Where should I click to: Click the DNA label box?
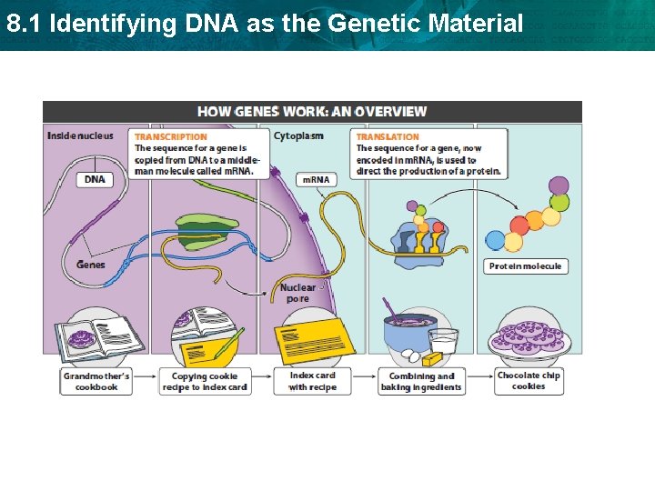click(x=95, y=179)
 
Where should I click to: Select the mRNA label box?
click(x=316, y=179)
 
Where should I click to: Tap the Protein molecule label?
click(x=525, y=266)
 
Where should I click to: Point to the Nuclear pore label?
click(x=297, y=293)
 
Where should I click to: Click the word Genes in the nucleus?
click(x=91, y=265)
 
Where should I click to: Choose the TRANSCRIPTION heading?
click(x=171, y=136)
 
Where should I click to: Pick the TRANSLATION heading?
click(x=388, y=136)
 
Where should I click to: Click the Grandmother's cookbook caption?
click(x=96, y=381)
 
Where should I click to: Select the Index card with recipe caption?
click(x=312, y=381)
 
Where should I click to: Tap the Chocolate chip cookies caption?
click(x=528, y=381)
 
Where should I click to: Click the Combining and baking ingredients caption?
click(x=421, y=381)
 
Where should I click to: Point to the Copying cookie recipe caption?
click(x=205, y=381)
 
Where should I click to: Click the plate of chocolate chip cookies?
click(x=528, y=338)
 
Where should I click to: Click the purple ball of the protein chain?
click(x=559, y=186)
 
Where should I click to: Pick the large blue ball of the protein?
click(x=496, y=240)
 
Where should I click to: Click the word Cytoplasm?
click(x=297, y=136)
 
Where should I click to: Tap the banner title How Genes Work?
click(x=311, y=112)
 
